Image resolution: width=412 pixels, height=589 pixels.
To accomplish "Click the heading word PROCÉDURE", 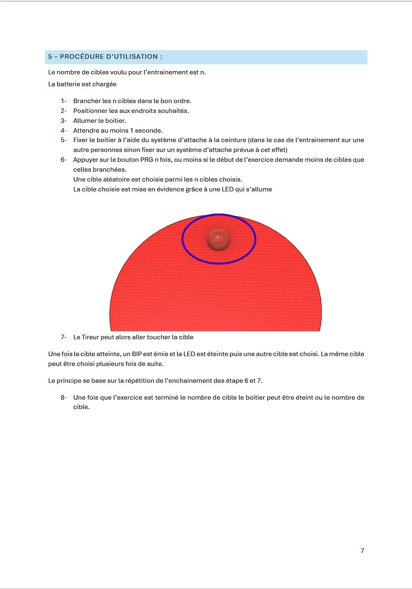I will [x=78, y=57].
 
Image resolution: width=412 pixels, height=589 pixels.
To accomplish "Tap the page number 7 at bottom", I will [x=362, y=551].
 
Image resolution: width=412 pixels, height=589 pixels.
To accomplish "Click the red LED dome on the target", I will [x=218, y=239].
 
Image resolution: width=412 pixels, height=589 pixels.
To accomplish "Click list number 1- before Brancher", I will [x=64, y=101].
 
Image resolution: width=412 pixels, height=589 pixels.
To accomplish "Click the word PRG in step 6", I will [x=147, y=160].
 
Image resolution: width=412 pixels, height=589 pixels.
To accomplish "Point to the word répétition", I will [x=133, y=381].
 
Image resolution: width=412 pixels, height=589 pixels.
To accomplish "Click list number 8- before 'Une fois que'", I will [x=64, y=398].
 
